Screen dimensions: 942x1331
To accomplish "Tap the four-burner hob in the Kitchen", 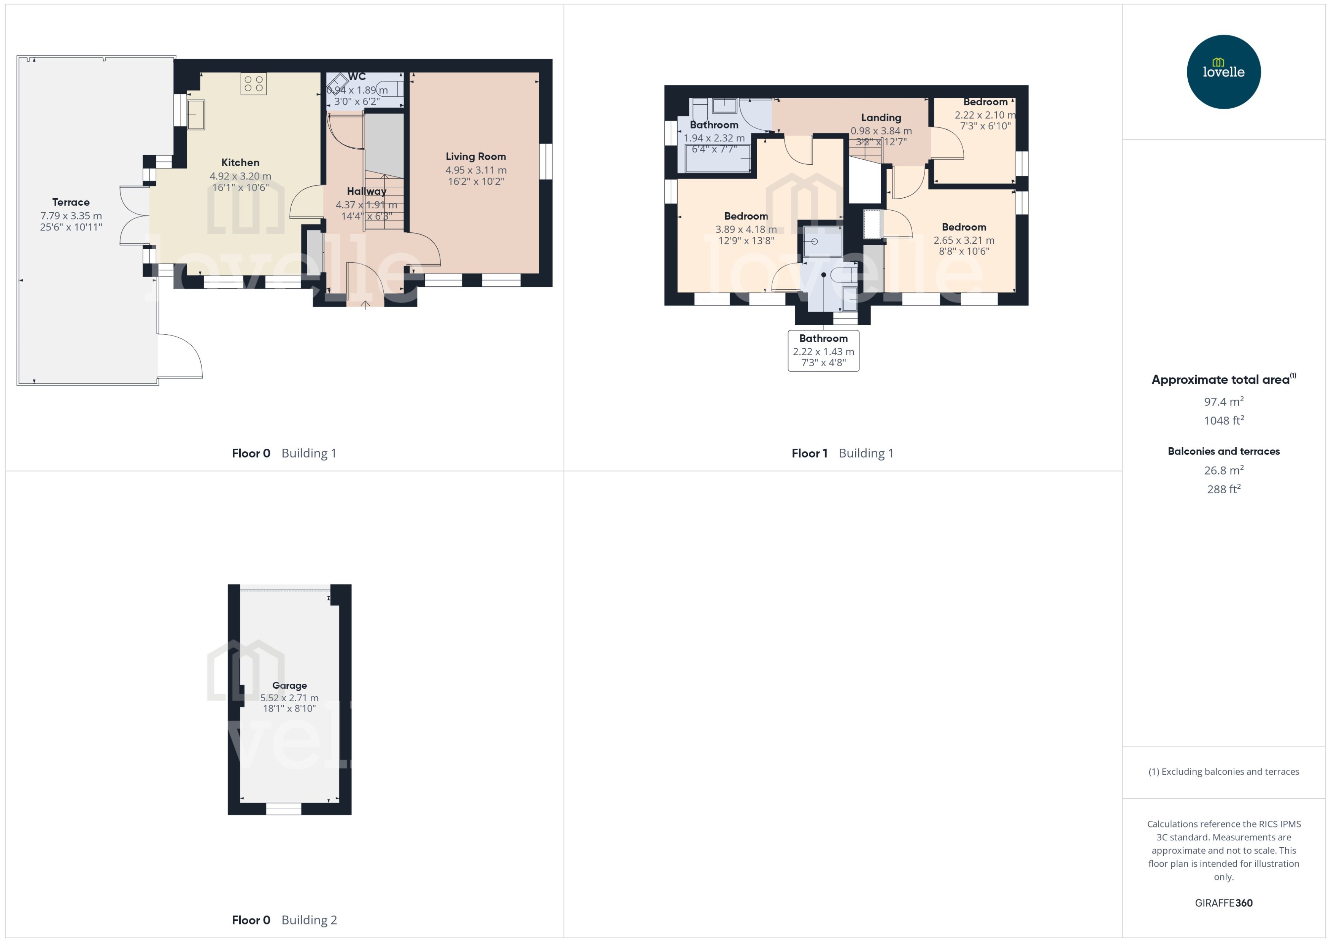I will (253, 84).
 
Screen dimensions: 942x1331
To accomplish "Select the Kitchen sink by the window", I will (196, 114).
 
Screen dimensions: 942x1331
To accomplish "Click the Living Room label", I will (476, 157).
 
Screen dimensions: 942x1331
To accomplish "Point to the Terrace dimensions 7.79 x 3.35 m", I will (71, 216).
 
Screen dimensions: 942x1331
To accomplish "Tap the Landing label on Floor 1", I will (880, 118).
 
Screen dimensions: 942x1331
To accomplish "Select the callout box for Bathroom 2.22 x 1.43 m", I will (823, 350).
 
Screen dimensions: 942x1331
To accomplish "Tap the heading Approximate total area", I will (1221, 380).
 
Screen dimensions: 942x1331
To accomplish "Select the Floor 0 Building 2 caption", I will (284, 920).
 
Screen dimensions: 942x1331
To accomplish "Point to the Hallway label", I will (367, 191).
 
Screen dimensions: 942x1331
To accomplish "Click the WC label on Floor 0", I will (357, 76).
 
